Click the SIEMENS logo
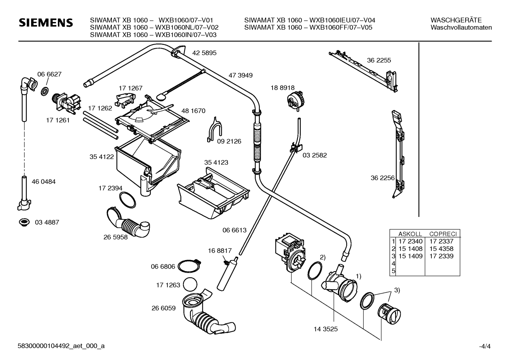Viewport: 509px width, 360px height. (46, 23)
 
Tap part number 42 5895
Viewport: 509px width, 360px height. (204, 53)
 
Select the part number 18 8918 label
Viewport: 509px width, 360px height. (282, 88)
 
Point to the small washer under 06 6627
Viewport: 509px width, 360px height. (45, 91)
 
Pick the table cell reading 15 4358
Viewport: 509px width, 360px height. (441, 249)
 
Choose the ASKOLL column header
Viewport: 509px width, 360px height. (410, 234)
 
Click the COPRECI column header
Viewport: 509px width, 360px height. (443, 234)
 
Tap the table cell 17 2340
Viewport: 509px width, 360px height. (411, 241)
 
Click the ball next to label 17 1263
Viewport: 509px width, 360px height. (190, 284)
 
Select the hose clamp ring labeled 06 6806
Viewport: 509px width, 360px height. (189, 266)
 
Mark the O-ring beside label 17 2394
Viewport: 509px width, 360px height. (127, 200)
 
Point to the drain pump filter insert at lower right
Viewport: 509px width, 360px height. (389, 314)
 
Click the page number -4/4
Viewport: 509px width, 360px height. (485, 346)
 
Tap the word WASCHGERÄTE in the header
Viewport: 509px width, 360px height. (456, 20)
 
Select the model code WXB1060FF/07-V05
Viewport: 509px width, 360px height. (341, 28)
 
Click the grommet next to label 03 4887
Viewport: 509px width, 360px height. (24, 222)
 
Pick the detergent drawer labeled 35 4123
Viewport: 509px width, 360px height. (213, 193)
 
